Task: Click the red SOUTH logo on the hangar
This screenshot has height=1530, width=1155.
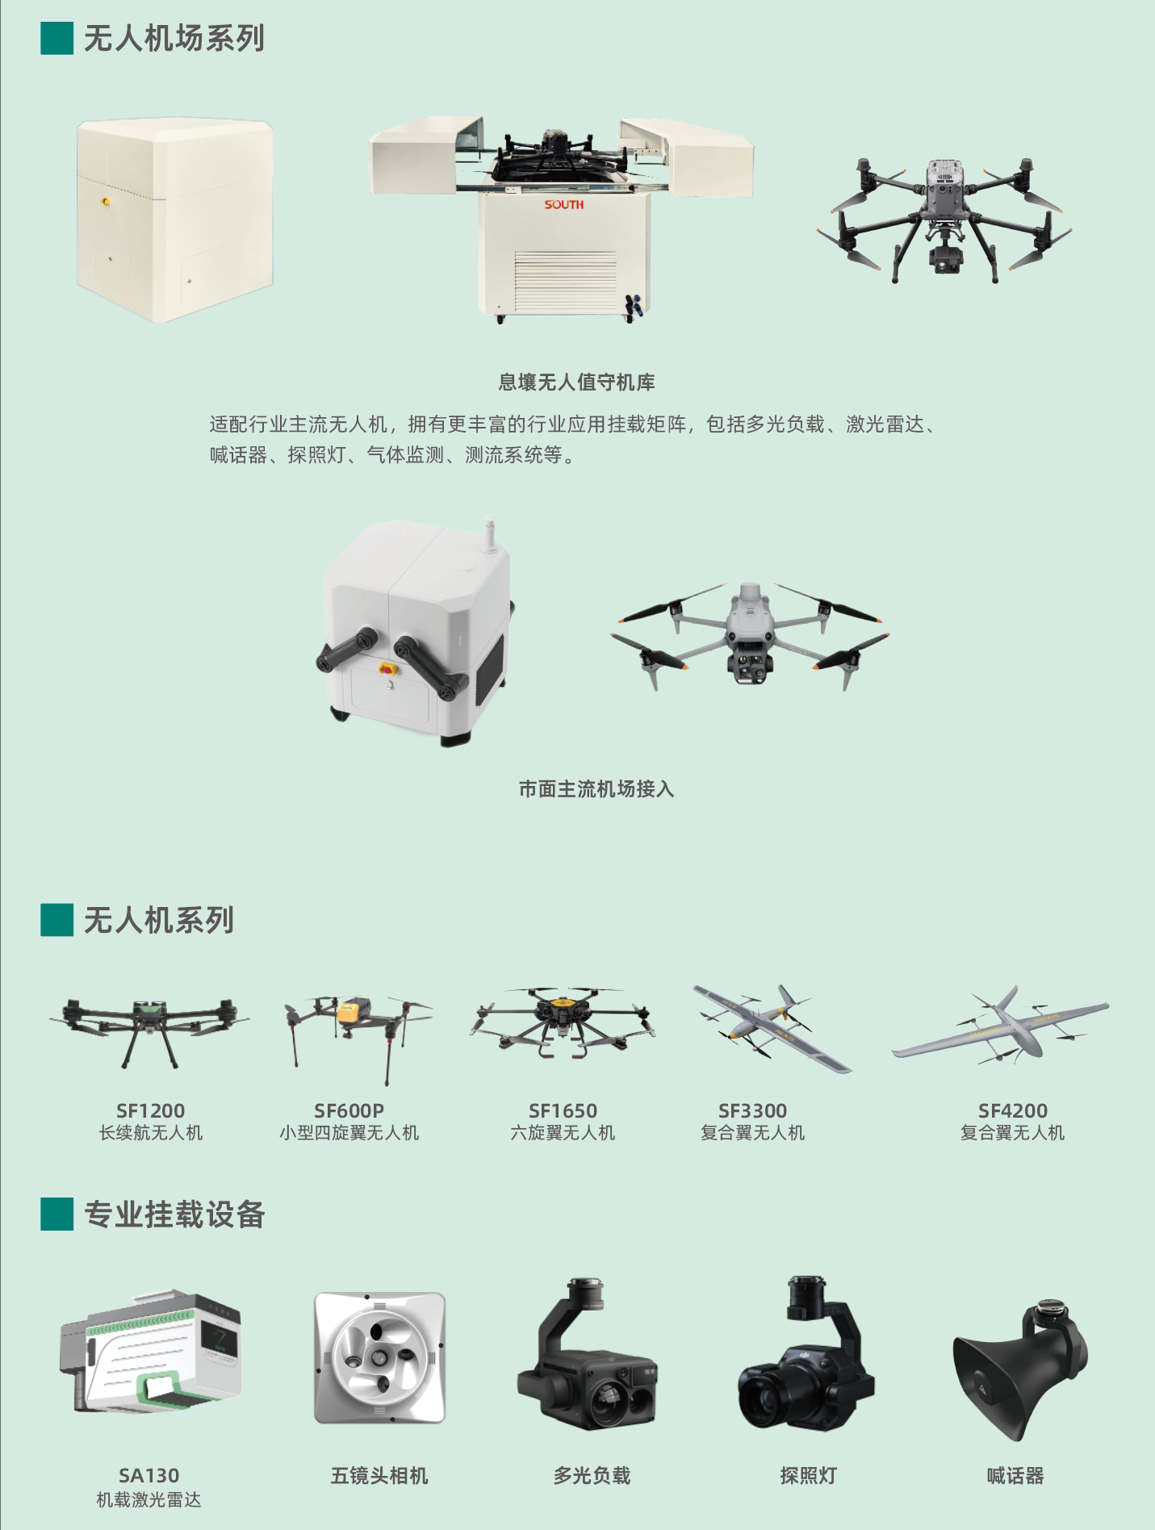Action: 563,205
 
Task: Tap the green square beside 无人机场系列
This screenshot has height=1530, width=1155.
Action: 57,38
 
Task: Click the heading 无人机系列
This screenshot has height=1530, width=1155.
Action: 159,920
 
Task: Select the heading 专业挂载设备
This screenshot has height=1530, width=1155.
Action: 174,1214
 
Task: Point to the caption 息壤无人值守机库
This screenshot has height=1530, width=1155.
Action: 576,382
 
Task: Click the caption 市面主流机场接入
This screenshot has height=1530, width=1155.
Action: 596,789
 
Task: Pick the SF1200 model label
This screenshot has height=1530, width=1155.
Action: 150,1110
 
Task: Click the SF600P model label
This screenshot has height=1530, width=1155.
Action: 349,1110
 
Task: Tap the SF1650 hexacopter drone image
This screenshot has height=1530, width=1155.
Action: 563,1021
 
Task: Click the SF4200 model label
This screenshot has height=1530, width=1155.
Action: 1012,1110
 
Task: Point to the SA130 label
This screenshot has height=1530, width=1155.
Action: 149,1476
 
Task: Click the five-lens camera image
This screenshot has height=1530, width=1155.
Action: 379,1357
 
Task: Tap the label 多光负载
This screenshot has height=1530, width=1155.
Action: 592,1476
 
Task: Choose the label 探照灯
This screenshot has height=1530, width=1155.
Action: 808,1476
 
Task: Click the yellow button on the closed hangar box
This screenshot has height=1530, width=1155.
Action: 106,201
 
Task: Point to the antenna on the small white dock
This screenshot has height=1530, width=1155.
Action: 490,535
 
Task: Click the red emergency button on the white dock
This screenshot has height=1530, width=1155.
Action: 387,669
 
